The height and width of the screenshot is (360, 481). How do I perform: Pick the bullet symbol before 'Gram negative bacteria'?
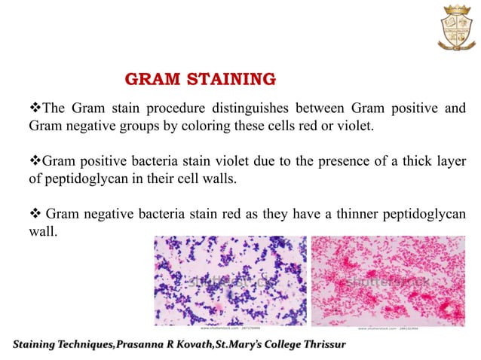click(34, 213)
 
